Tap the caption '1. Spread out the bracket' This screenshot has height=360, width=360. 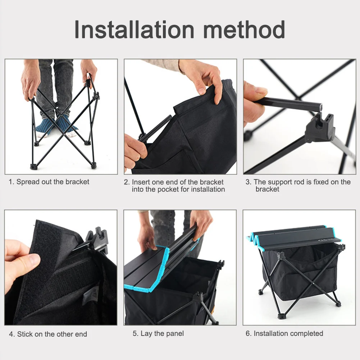(x=49, y=182)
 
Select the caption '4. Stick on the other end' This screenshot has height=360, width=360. (x=48, y=334)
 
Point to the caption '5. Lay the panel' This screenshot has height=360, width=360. (x=158, y=333)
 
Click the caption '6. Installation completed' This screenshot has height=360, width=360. (x=284, y=333)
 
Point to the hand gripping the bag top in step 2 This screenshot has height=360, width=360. (x=203, y=77)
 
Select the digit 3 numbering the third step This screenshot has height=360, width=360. (x=248, y=182)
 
